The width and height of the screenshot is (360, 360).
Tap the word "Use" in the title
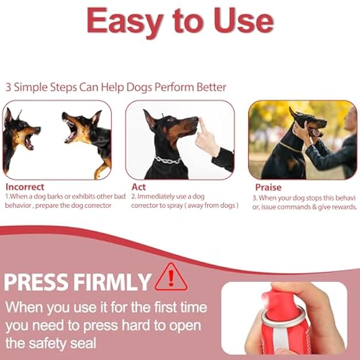pos(244,20)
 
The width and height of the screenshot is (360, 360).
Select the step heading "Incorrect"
pos(25,187)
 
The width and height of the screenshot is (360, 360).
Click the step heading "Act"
pos(138,187)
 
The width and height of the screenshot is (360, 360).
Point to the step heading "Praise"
pos(268,187)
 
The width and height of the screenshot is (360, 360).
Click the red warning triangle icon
pos(171,277)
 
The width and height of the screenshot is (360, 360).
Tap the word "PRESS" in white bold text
pos(36,282)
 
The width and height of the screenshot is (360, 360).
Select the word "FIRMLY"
pos(112,282)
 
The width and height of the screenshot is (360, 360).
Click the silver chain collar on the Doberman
pos(168,160)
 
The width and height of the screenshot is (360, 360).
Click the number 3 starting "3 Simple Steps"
pos(8,88)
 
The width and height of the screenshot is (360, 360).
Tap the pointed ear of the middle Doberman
pos(148,119)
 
